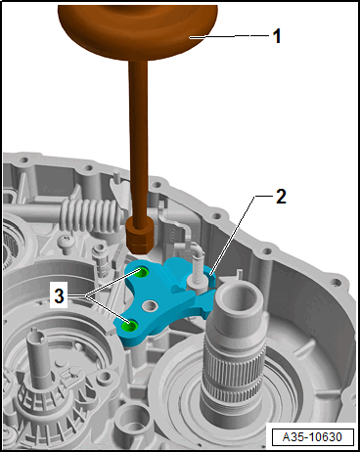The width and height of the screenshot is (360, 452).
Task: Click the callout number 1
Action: pos(277,36)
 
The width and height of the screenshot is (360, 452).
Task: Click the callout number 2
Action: pos(281,197)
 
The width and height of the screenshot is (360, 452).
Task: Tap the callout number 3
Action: pos(59,296)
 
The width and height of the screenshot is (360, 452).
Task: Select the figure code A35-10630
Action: pos(312,437)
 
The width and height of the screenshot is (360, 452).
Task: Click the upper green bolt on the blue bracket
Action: pos(143,272)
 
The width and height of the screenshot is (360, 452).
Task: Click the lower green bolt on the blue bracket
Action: pos(128,325)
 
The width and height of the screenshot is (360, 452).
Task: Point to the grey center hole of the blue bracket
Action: pos(150,305)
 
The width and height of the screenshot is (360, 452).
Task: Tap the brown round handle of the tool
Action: pos(138,31)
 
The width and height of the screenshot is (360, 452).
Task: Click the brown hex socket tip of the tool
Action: pos(139,236)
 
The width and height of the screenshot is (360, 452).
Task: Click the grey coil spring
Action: pos(90,214)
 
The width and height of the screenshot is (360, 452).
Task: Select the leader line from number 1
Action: pos(231,36)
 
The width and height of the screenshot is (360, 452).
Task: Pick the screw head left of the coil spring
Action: pos(65,243)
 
